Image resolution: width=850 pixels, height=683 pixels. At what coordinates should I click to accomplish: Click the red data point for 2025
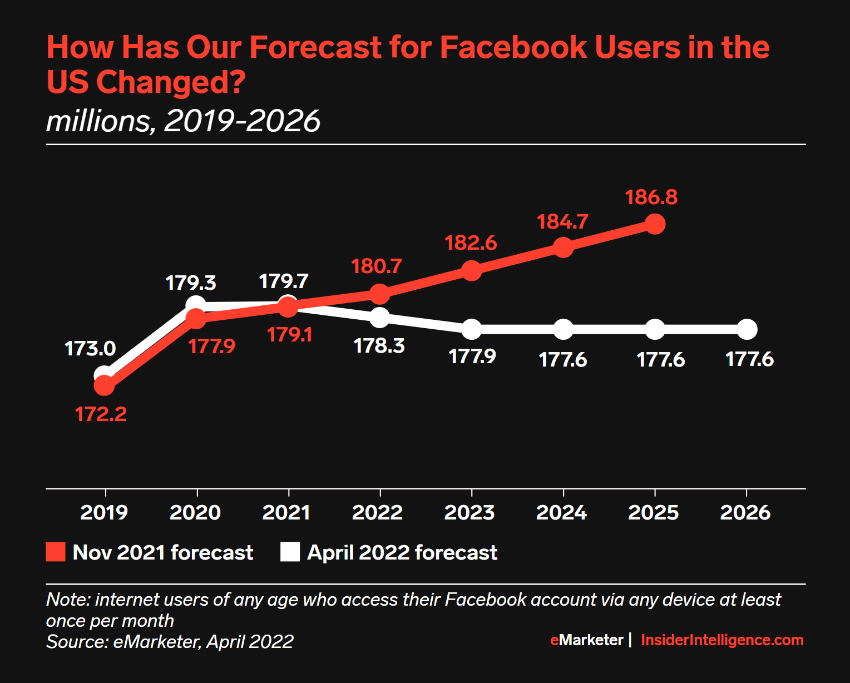(655, 225)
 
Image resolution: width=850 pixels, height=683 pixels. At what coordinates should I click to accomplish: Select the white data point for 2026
(747, 330)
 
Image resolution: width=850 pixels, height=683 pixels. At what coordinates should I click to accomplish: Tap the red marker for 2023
(471, 270)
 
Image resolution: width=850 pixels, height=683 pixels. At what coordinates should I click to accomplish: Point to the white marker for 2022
(379, 318)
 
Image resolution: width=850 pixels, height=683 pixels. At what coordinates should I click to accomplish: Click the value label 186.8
(651, 197)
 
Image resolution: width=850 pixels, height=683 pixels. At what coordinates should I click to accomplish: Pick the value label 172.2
(101, 414)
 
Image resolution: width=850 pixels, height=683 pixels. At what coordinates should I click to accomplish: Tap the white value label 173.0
(90, 349)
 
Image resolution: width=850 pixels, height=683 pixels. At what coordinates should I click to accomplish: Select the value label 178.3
(379, 346)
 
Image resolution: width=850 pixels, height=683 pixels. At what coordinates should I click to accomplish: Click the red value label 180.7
(376, 266)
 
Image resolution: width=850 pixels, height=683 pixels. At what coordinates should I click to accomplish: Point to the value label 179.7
(284, 281)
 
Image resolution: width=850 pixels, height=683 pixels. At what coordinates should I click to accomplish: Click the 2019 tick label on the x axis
(104, 512)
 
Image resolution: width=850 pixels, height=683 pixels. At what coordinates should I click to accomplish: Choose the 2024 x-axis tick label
(561, 512)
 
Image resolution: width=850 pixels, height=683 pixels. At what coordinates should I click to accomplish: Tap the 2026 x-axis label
(745, 512)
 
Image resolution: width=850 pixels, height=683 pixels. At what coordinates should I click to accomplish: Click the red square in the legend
(56, 552)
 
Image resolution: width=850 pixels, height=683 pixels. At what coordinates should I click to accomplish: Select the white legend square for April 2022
(290, 552)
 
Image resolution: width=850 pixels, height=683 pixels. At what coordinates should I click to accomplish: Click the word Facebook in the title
(513, 47)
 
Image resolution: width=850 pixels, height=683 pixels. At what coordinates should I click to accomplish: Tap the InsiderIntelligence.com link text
(722, 640)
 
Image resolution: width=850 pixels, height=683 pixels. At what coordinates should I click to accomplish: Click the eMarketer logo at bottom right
(587, 640)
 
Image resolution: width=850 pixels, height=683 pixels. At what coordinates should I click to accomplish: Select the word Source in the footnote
(76, 642)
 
